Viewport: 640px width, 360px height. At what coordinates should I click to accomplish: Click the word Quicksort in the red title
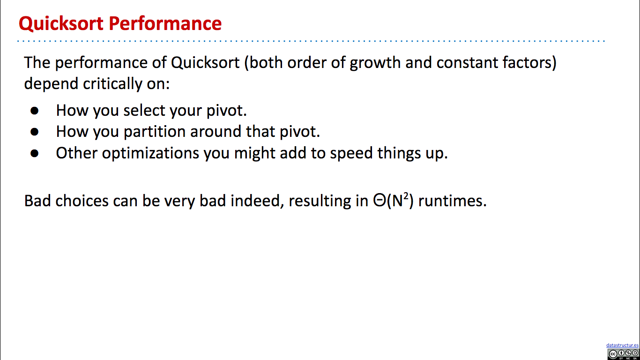point(61,24)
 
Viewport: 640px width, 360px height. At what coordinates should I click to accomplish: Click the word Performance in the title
point(165,23)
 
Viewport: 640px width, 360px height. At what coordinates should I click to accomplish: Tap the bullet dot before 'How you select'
point(35,111)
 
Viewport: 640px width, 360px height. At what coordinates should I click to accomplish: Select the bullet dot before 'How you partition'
point(35,132)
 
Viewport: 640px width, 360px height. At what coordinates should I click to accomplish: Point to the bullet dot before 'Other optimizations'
point(35,153)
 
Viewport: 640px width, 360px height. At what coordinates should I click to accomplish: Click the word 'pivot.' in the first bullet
point(227,111)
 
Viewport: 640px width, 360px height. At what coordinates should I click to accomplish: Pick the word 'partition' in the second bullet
point(155,132)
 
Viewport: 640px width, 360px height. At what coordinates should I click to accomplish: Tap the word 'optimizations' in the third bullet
point(150,153)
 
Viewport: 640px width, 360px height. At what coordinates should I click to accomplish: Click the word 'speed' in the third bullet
point(351,153)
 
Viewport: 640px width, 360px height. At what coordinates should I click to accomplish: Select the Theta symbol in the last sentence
point(380,200)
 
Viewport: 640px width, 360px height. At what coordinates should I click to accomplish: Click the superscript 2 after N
point(406,196)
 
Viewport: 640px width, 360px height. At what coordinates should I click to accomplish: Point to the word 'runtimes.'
point(452,201)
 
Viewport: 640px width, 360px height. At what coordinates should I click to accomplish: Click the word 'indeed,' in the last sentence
point(257,201)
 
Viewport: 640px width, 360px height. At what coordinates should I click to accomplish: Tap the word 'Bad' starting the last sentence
point(37,201)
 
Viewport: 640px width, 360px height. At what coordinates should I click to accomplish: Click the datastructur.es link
point(622,345)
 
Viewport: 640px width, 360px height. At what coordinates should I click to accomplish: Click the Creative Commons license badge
point(623,354)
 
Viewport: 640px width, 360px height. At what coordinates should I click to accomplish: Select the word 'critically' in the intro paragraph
point(112,84)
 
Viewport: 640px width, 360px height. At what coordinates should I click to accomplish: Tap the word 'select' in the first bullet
point(144,110)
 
